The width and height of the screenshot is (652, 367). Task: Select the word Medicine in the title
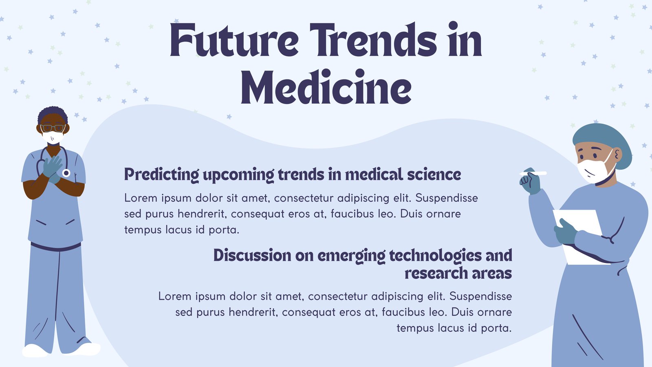click(326, 87)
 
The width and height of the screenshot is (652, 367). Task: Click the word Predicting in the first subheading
click(161, 175)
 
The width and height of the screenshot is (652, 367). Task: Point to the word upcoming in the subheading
click(238, 175)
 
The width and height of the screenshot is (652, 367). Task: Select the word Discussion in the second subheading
click(252, 255)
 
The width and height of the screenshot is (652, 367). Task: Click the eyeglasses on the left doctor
click(53, 128)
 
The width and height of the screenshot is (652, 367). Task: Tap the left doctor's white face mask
click(53, 137)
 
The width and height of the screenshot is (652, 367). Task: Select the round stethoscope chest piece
click(66, 173)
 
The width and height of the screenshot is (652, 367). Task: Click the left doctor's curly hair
click(53, 114)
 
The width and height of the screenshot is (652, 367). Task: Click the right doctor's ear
click(617, 155)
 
